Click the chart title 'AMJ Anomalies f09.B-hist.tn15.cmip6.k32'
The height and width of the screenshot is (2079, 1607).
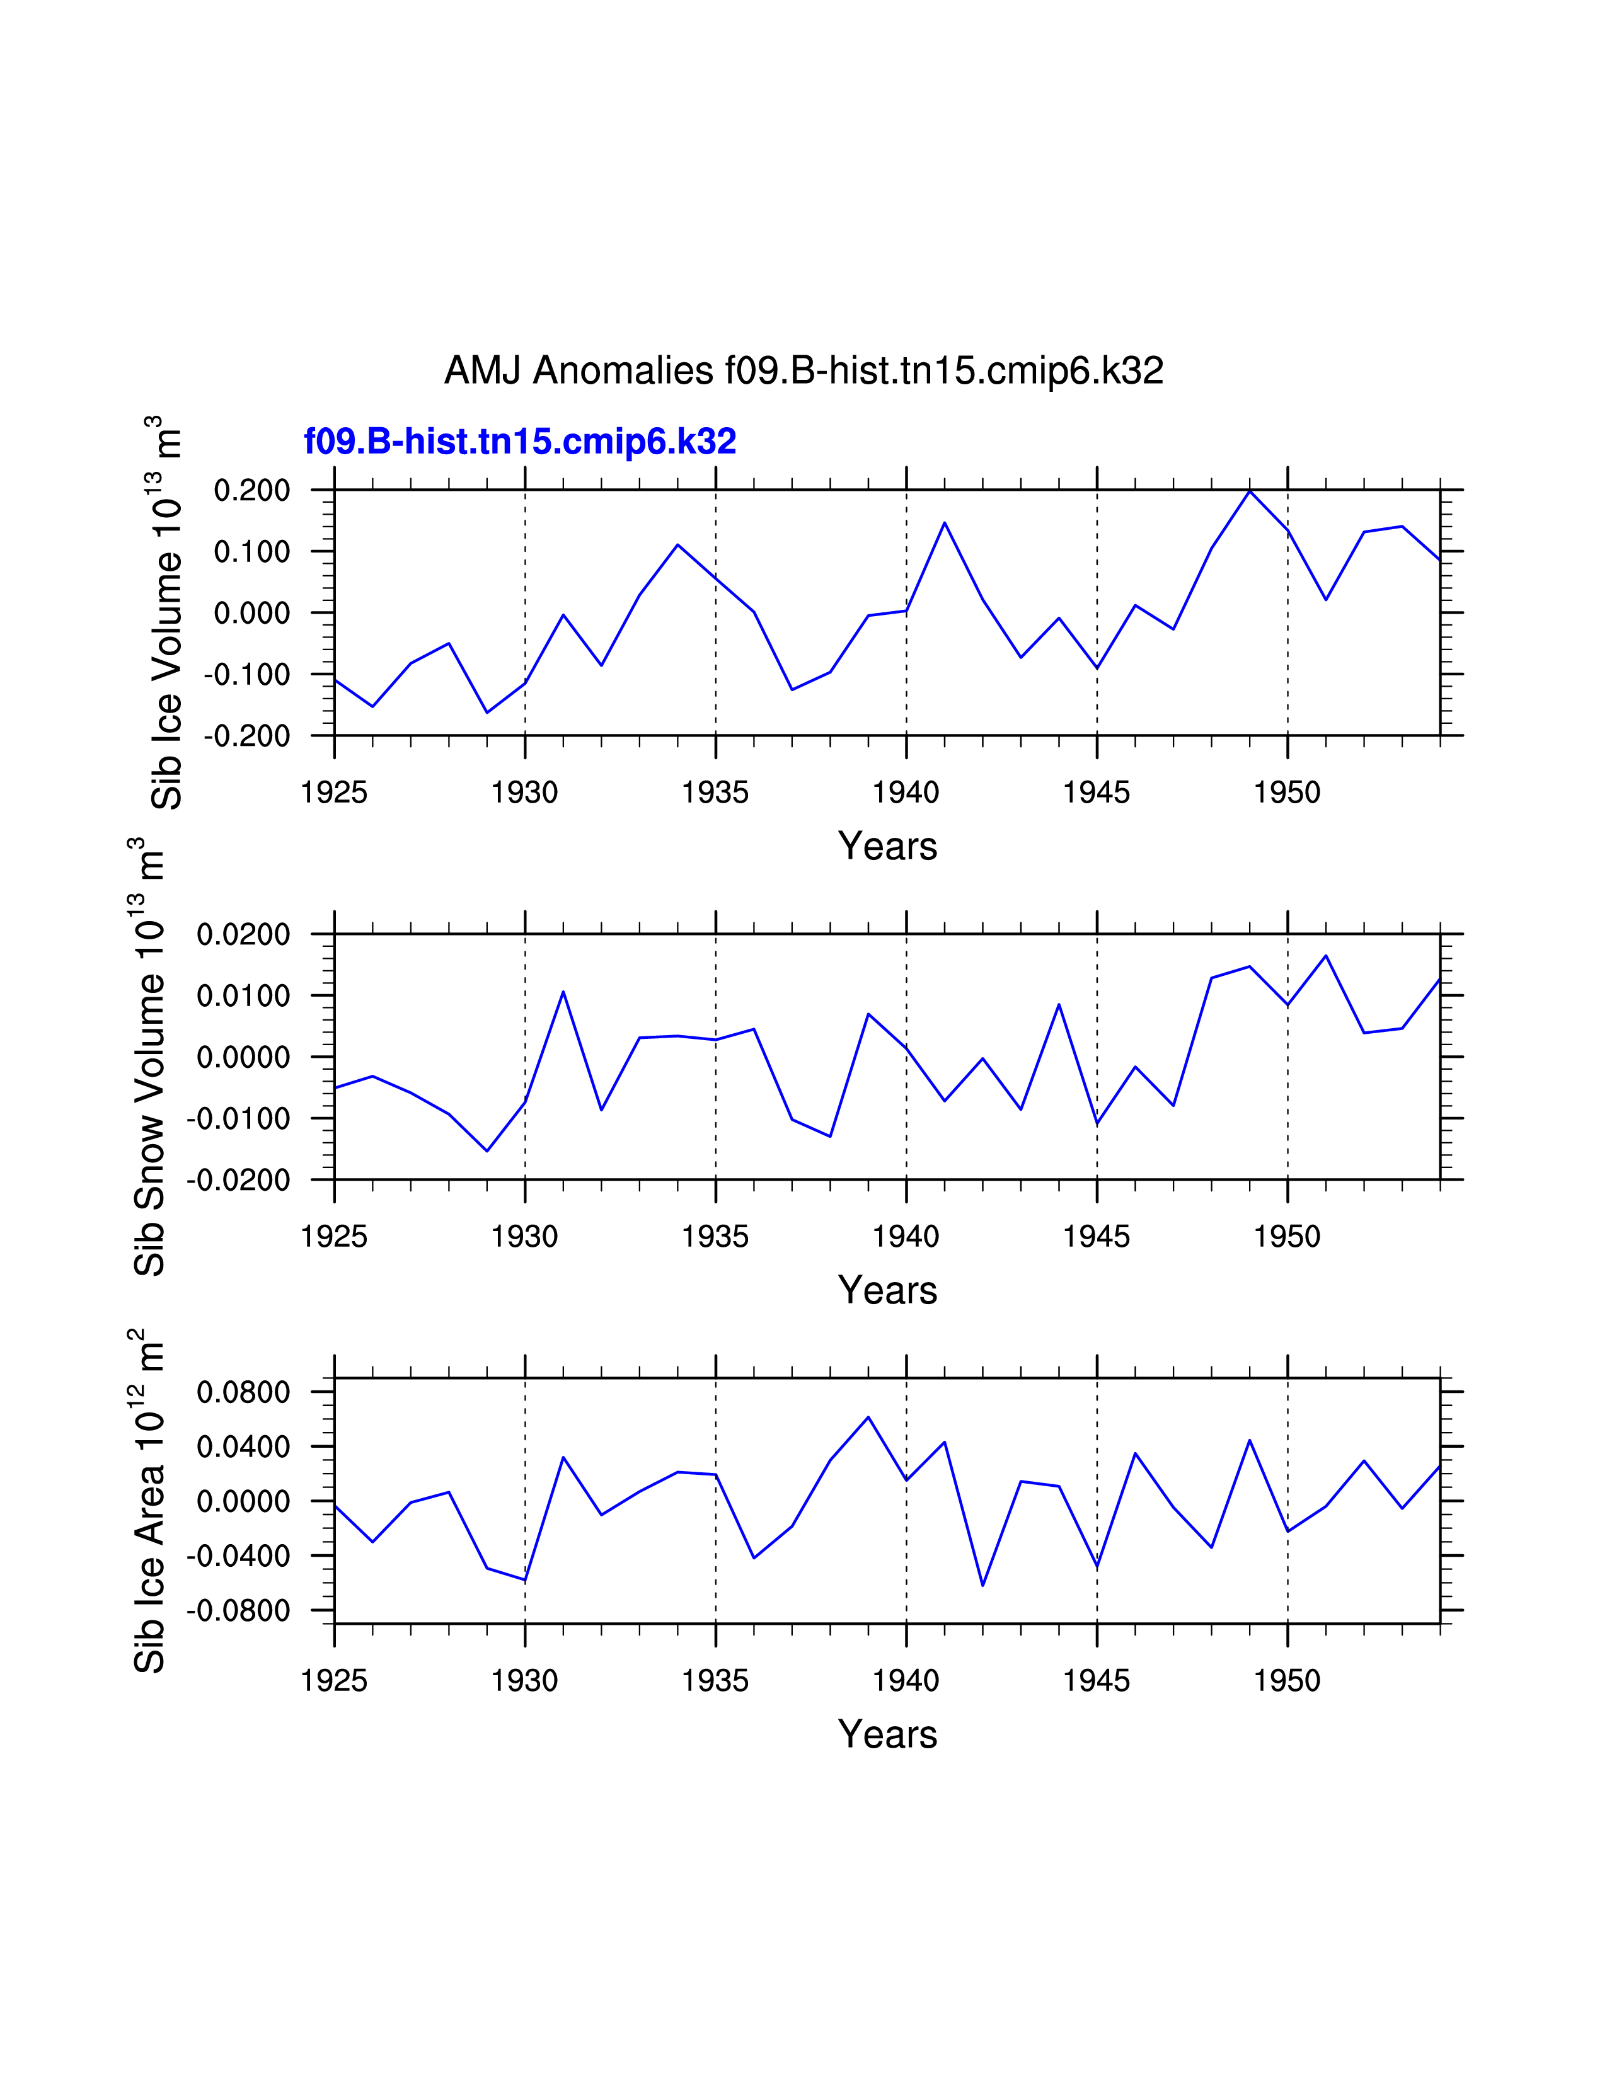tap(804, 370)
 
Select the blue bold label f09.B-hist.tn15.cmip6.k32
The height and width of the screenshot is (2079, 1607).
tap(520, 441)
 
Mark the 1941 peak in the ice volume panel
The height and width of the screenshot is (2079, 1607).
tap(945, 523)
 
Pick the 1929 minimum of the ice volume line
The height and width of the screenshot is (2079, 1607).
tap(487, 712)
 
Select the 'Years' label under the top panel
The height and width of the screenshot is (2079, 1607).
tap(887, 846)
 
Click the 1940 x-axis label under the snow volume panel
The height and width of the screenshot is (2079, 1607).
tap(906, 1237)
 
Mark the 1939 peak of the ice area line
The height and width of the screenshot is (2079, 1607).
tap(868, 1417)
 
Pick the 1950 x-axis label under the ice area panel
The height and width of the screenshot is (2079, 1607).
tap(1287, 1681)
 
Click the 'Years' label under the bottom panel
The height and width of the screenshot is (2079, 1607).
tap(887, 1734)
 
